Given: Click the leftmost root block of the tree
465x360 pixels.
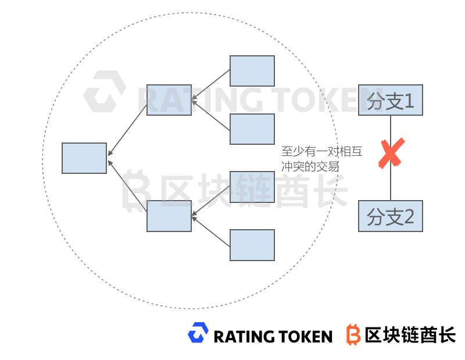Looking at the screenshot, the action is tap(84, 158).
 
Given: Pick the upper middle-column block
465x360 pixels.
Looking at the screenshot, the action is tap(169, 100).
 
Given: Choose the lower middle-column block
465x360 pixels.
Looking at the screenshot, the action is tap(169, 216).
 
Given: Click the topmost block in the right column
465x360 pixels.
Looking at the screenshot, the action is tap(252, 71).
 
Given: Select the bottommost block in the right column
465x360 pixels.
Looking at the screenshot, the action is tap(252, 245).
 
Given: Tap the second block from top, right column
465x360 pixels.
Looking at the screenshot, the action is tap(252, 129).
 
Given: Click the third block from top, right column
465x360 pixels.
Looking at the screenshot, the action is tap(252, 187).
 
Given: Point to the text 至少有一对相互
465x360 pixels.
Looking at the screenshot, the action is tap(321, 152).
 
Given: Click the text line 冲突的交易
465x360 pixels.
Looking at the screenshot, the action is tap(310, 166).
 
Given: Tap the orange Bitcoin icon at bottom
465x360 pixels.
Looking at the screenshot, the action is tap(353, 334).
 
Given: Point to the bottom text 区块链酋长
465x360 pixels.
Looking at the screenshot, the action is tap(410, 334).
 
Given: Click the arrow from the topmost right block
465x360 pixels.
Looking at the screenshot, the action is tap(210, 85).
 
